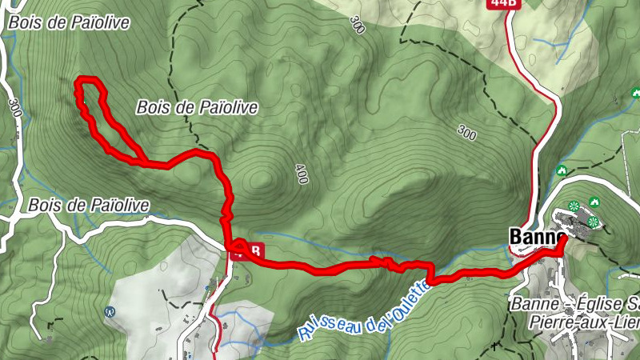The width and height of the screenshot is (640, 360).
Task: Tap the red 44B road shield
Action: (x=501, y=3)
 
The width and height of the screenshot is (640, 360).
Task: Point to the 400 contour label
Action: (x=301, y=174)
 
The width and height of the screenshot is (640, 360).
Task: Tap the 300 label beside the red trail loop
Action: (x=14, y=107)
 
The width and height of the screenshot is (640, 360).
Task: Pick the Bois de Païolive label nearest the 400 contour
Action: (x=198, y=106)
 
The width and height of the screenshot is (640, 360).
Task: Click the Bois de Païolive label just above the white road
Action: (x=88, y=205)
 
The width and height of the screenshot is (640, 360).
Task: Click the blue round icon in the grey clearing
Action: (x=110, y=311)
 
